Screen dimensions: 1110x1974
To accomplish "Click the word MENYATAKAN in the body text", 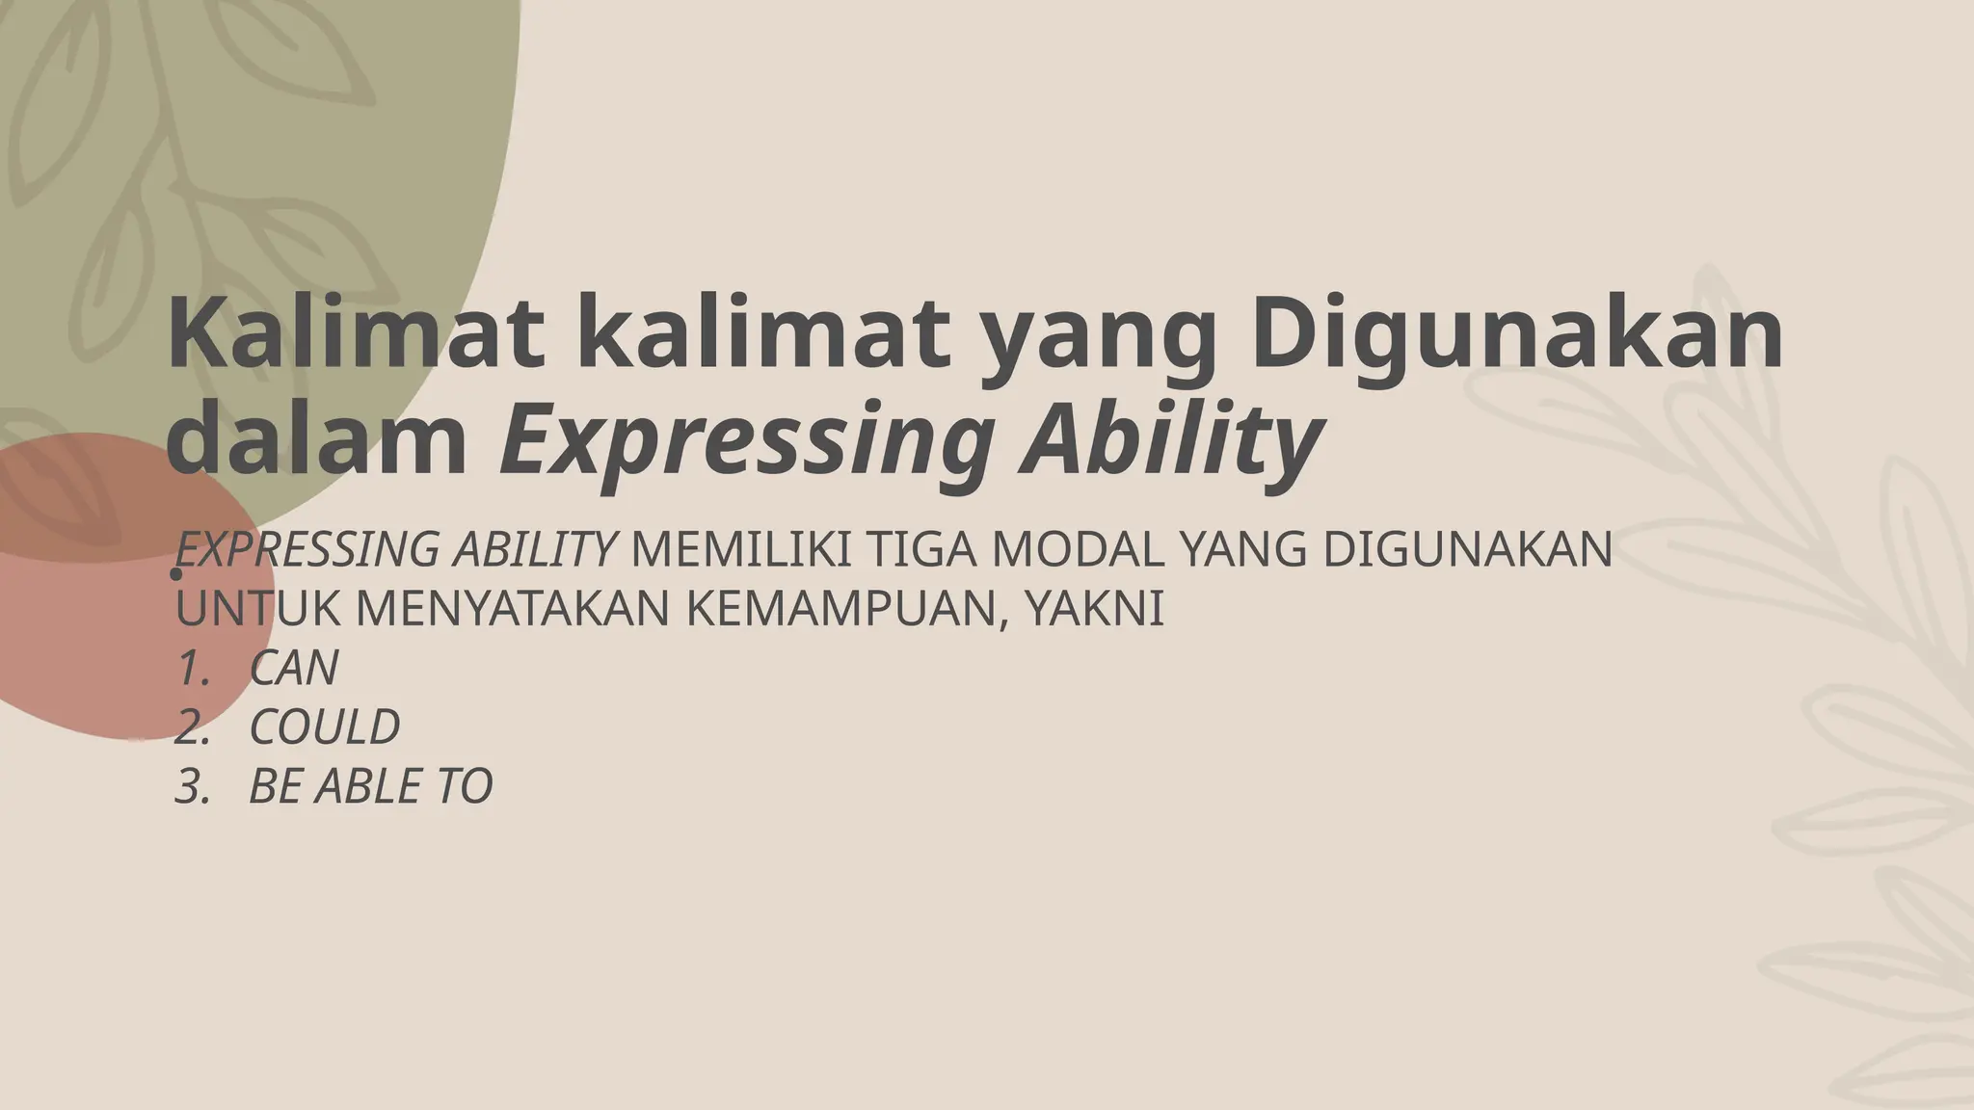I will pos(515,609).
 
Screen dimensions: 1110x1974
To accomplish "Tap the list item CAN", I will pos(294,668).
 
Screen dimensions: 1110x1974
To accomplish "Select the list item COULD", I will pos(324,727).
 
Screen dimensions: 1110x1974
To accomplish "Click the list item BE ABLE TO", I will pos(370,786).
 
